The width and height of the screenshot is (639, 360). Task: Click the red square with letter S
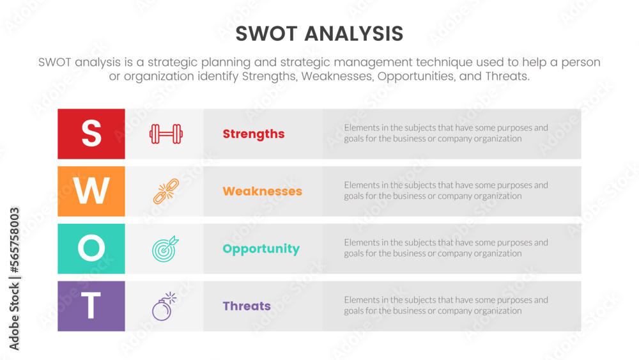tap(91, 134)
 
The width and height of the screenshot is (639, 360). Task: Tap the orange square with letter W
tap(91, 191)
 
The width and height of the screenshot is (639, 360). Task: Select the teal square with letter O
tap(91, 249)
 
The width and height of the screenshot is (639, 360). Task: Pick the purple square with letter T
tap(91, 306)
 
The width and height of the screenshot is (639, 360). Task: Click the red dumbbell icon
tap(166, 134)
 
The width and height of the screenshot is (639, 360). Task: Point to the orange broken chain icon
tap(166, 191)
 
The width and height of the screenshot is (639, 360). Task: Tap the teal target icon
tap(166, 249)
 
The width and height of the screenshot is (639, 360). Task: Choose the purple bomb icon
tap(164, 307)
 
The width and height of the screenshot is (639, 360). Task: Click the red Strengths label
tap(254, 134)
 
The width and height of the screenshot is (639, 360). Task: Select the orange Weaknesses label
tap(262, 191)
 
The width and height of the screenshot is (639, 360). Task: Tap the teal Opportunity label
tap(261, 249)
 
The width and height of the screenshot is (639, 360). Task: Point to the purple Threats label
tap(247, 306)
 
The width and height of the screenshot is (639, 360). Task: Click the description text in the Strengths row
tap(445, 133)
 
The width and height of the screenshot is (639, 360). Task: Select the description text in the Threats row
tap(445, 305)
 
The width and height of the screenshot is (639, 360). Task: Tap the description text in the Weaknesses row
tap(445, 191)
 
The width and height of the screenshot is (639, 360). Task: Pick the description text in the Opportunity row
tap(445, 248)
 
